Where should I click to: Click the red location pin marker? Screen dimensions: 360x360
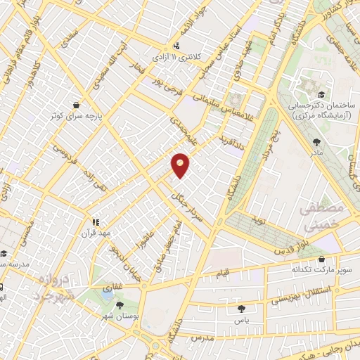coord(181,165)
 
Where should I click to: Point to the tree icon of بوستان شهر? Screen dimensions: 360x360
coord(118,304)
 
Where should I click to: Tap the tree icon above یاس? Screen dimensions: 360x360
coord(241,308)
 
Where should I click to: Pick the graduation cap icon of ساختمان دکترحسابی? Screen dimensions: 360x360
coord(321,94)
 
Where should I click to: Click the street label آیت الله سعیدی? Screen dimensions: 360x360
coord(113,59)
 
